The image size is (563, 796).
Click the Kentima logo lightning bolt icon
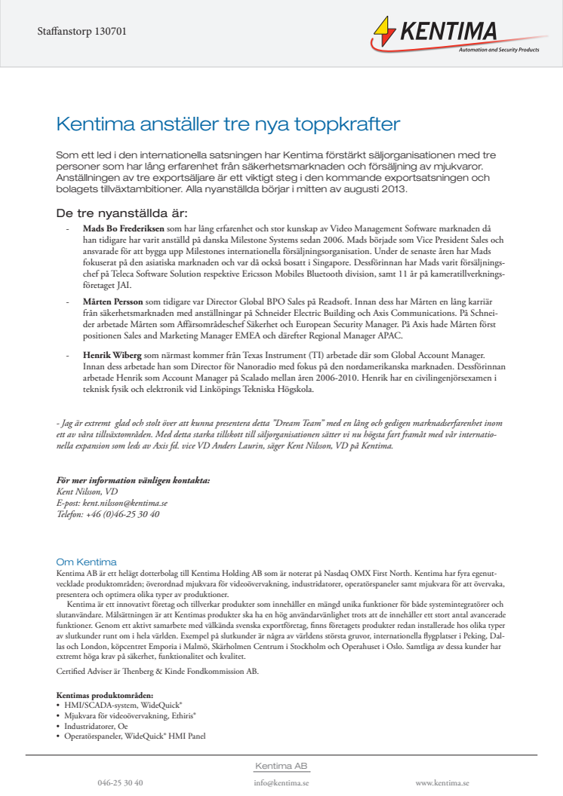point(386,34)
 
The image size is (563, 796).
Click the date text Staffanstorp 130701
point(82,32)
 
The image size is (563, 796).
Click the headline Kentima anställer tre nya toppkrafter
point(228,124)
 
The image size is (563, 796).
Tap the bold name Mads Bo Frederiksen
point(112,227)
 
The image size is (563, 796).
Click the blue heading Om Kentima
point(86,562)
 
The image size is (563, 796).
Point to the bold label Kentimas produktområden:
point(105,694)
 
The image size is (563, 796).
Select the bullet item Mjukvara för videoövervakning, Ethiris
point(130,715)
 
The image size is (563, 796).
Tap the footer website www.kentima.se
point(442,783)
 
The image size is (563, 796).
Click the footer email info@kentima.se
point(281,783)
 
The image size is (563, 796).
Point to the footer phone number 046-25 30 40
point(120,783)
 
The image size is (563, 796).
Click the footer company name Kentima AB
point(281,766)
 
